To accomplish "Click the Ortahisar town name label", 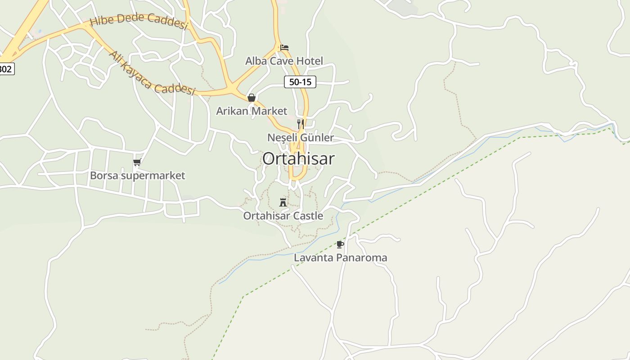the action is (x=298, y=159).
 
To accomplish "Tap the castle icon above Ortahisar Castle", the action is (x=283, y=202).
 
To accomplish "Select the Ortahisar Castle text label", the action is (x=283, y=216).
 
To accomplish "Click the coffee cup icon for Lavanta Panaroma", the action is (x=340, y=244).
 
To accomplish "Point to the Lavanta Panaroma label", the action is (x=340, y=258).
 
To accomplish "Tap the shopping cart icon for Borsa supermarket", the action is (x=137, y=162).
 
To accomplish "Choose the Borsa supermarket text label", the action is (x=137, y=175).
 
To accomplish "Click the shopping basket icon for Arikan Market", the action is (x=252, y=98).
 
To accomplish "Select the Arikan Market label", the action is (x=252, y=111).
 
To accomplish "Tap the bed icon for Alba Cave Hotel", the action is (x=284, y=47).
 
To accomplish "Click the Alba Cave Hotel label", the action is (x=284, y=61).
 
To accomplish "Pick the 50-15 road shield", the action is (x=300, y=82).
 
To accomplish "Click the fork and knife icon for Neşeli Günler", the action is (x=301, y=124).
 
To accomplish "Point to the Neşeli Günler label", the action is (x=301, y=137).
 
